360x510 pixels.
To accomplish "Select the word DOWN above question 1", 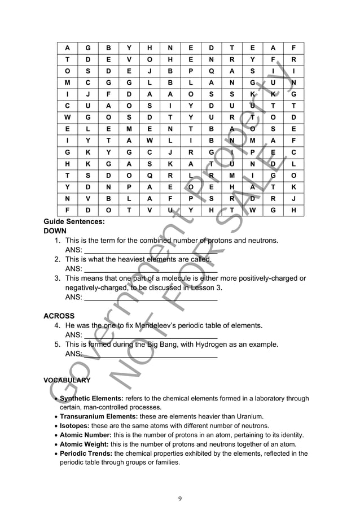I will [x=55, y=231].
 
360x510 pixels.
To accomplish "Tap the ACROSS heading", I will [x=59, y=316].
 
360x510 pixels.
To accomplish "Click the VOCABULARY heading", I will [x=67, y=380].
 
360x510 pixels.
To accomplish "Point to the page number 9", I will [x=179, y=498].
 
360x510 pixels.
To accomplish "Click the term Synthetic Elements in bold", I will [x=91, y=398].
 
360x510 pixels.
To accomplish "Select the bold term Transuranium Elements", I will [x=99, y=416].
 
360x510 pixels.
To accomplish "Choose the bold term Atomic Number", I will [x=85, y=435].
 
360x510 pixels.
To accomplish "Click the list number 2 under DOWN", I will [x=58, y=259].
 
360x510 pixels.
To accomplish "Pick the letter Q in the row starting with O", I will [x=210, y=72].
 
